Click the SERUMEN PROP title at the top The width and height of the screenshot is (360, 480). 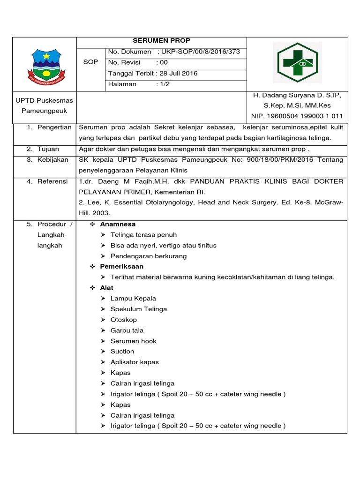pyautogui.click(x=161, y=41)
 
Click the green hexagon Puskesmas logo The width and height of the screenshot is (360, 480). pyautogui.click(x=298, y=63)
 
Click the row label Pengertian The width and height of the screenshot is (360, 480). pyautogui.click(x=54, y=127)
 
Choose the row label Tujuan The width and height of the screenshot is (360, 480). pyautogui.click(x=48, y=149)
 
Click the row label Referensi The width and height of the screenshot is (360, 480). pyautogui.click(x=52, y=181)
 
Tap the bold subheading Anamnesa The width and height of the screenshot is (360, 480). pyautogui.click(x=118, y=224)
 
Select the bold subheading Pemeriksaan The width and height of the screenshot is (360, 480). pyautogui.click(x=122, y=266)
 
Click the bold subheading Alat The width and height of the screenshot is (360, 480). pyautogui.click(x=106, y=287)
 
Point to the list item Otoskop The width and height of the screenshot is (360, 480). pyautogui.click(x=124, y=320)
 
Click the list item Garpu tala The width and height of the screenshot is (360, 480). pyautogui.click(x=127, y=330)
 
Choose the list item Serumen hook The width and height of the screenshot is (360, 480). pyautogui.click(x=134, y=341)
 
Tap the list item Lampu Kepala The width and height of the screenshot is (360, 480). pyautogui.click(x=133, y=298)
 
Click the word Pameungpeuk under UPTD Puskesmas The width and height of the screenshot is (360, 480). pyautogui.click(x=45, y=111)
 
